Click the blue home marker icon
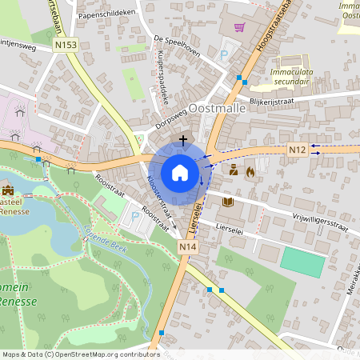click(x=180, y=172)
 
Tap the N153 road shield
click(x=66, y=46)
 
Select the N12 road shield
click(x=297, y=149)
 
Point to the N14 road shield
click(x=187, y=248)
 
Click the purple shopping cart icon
click(x=238, y=27)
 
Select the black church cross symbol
click(x=184, y=140)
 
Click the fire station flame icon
click(x=250, y=170)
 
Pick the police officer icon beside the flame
click(x=234, y=170)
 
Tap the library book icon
click(x=228, y=202)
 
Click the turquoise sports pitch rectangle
click(x=303, y=261)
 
